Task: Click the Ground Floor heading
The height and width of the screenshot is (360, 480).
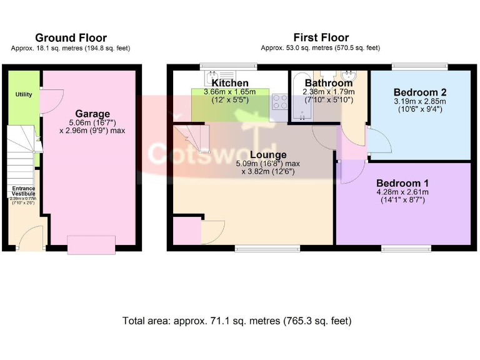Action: (x=71, y=38)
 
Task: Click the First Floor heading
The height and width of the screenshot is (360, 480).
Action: (x=321, y=38)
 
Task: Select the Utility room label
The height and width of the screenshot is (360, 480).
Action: (x=24, y=94)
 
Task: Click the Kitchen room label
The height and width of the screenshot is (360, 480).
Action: (x=230, y=83)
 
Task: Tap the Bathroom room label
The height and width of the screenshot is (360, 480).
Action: (x=328, y=83)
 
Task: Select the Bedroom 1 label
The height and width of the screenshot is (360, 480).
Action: (x=402, y=183)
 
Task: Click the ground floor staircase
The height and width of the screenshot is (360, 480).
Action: (x=21, y=150)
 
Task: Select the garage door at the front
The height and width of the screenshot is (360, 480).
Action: (x=91, y=244)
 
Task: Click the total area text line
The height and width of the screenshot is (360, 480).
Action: (x=237, y=321)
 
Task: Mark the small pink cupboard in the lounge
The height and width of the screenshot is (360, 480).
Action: (x=186, y=230)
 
